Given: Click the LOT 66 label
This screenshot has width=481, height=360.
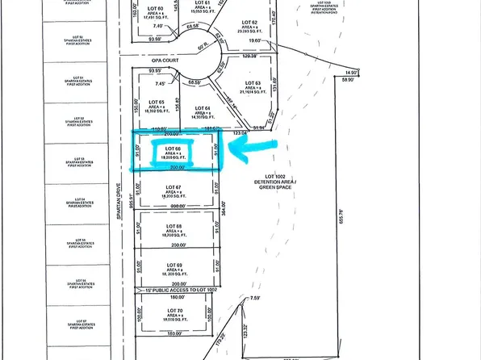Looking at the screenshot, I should [x=171, y=149].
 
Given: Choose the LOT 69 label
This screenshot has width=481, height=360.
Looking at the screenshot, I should [x=171, y=265].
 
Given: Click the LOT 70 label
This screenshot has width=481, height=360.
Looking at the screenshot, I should [x=171, y=308].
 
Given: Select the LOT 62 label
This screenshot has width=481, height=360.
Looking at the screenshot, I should [x=249, y=23].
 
